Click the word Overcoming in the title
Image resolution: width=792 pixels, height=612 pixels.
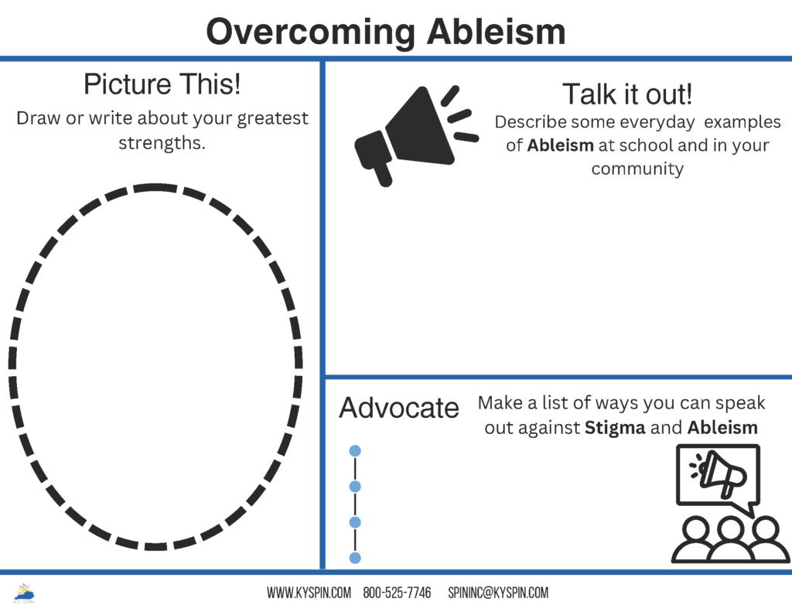click(x=310, y=33)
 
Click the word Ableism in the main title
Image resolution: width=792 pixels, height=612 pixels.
click(x=496, y=31)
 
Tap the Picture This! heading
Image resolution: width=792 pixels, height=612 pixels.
click(x=162, y=84)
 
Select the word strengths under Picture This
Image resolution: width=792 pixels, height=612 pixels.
click(x=162, y=143)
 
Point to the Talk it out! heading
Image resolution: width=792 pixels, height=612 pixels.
click(x=626, y=94)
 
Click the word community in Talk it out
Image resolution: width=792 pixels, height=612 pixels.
click(x=637, y=169)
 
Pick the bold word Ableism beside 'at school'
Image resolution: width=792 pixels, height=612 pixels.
click(x=560, y=145)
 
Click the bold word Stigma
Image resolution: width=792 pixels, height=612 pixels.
click(x=615, y=428)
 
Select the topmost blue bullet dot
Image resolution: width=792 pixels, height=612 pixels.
click(x=355, y=451)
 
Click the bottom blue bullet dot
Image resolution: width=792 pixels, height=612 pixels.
click(x=355, y=558)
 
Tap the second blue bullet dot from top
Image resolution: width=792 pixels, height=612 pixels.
click(x=355, y=487)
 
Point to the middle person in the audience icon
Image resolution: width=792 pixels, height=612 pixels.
click(x=729, y=540)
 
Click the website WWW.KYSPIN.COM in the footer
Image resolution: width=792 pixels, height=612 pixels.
click(x=309, y=593)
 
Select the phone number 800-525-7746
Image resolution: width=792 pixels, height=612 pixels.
click(x=397, y=593)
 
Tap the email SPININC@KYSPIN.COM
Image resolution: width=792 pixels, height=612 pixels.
click(x=498, y=593)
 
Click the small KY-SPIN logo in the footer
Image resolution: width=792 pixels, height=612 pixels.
click(x=24, y=593)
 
